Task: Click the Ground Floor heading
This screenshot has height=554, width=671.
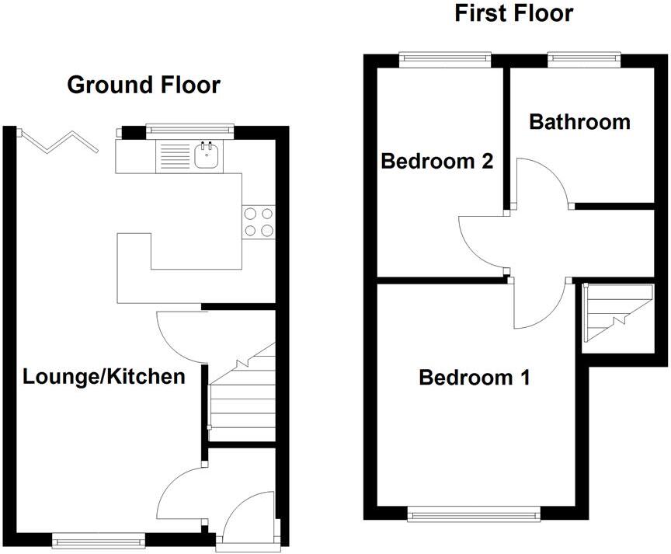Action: click(x=144, y=85)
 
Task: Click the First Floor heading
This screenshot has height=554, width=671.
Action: click(x=513, y=13)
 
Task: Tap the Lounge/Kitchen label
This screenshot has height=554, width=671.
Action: click(x=104, y=378)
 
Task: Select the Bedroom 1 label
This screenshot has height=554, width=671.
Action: click(x=475, y=378)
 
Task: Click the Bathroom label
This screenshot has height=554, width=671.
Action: click(x=579, y=122)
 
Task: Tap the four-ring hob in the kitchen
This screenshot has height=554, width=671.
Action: click(x=259, y=221)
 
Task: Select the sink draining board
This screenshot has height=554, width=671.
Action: click(x=173, y=158)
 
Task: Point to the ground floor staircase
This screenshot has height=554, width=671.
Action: click(x=242, y=396)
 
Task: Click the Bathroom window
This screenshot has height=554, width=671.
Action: click(x=585, y=57)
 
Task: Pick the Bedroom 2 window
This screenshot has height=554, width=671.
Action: click(x=446, y=57)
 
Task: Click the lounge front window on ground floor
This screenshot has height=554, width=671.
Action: click(x=99, y=537)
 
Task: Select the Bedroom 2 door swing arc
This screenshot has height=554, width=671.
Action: click(x=481, y=242)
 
